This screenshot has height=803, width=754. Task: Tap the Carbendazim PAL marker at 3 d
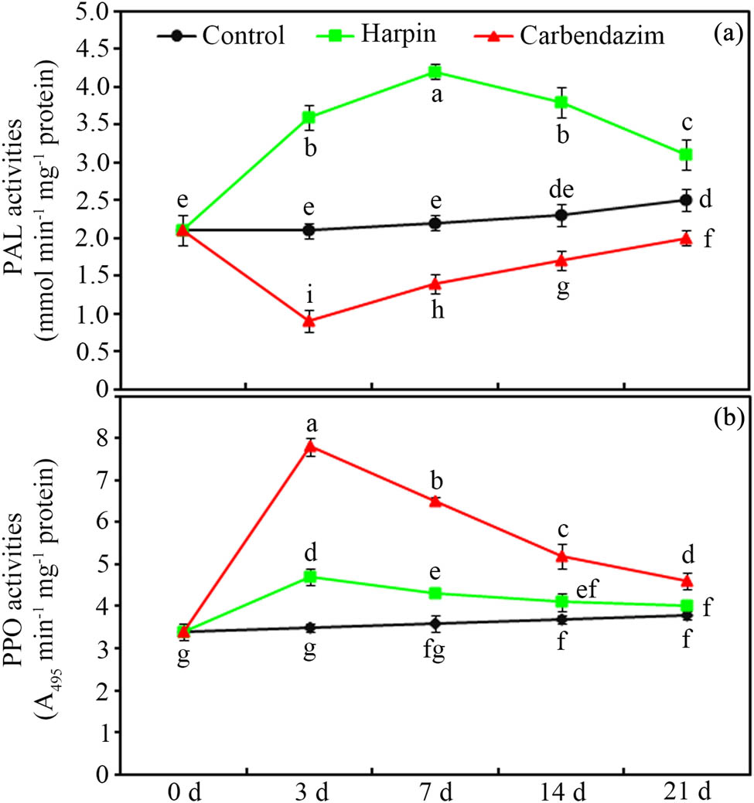pos(309,321)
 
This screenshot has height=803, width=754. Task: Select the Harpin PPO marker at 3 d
pos(309,577)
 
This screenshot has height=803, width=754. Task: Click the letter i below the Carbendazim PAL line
pos(309,295)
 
